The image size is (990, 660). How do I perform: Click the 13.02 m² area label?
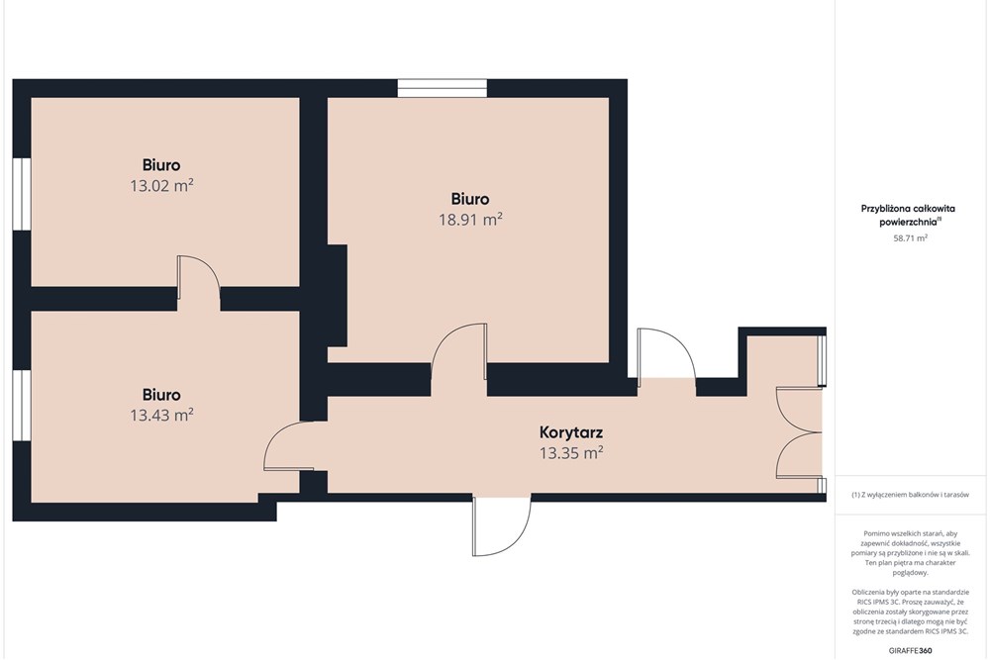[161, 186]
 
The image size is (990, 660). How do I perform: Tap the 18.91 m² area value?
[470, 220]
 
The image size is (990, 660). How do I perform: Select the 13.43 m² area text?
[161, 416]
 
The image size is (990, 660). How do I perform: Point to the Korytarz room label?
[571, 432]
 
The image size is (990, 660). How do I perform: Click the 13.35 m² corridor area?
[571, 453]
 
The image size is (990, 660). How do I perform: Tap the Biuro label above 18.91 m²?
[470, 200]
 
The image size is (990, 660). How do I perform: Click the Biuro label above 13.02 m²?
[161, 165]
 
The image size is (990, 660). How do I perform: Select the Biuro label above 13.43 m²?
[161, 395]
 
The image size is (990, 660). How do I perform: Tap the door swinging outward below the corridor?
[502, 525]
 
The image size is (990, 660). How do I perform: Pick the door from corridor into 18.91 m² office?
[459, 351]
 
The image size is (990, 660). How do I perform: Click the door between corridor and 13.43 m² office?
[289, 445]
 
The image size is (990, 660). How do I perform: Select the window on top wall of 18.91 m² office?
[442, 88]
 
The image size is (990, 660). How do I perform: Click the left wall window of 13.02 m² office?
[22, 193]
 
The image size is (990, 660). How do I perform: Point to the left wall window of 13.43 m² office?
[22, 405]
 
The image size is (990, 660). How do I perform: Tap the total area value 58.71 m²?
[910, 238]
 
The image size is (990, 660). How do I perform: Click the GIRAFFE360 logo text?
[910, 650]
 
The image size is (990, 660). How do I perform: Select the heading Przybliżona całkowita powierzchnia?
[908, 215]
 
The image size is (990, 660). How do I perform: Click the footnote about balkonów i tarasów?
[910, 496]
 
